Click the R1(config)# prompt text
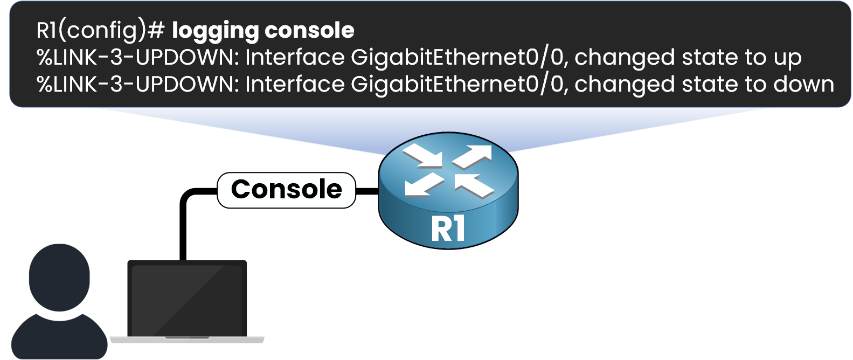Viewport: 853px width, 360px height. [100, 30]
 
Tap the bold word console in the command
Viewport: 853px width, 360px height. [309, 30]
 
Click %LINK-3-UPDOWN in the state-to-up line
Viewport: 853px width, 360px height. [137, 57]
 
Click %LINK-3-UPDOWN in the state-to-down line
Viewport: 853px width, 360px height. [137, 84]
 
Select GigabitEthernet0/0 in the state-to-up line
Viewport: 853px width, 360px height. [457, 57]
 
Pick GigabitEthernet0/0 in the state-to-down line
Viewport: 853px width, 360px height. [457, 84]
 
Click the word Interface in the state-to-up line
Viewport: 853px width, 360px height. [295, 57]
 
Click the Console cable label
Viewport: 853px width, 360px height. [286, 190]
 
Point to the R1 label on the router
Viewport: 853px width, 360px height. [448, 229]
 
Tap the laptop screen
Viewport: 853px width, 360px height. [186, 299]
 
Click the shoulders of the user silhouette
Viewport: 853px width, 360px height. [59, 337]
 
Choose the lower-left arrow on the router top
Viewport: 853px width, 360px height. [424, 185]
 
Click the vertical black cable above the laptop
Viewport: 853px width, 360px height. [183, 232]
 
